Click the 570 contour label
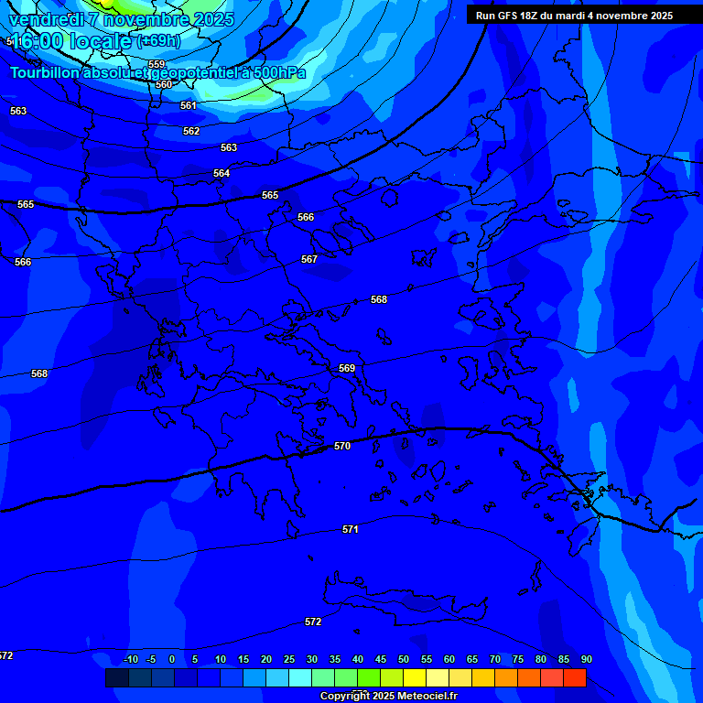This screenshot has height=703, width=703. tap(342, 446)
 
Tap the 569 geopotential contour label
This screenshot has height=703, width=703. tap(347, 368)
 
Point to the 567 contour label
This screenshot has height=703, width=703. tap(309, 259)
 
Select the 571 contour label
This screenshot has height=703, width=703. tap(351, 529)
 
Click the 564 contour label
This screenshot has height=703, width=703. tap(222, 173)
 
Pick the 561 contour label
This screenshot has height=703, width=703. tap(189, 105)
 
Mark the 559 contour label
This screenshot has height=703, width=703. tap(157, 64)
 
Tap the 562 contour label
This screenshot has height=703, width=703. tap(191, 131)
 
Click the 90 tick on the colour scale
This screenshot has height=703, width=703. tap(586, 659)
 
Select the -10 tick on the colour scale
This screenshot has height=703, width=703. tap(130, 659)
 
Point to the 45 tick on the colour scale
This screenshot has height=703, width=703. tap(381, 659)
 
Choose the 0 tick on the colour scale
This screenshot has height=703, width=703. tap(172, 659)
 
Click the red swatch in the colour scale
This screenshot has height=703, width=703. tap(574, 677)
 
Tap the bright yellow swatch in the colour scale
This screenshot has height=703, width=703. tap(414, 677)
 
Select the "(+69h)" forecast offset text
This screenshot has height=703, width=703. tap(158, 41)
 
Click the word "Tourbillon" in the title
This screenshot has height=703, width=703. tap(45, 73)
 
